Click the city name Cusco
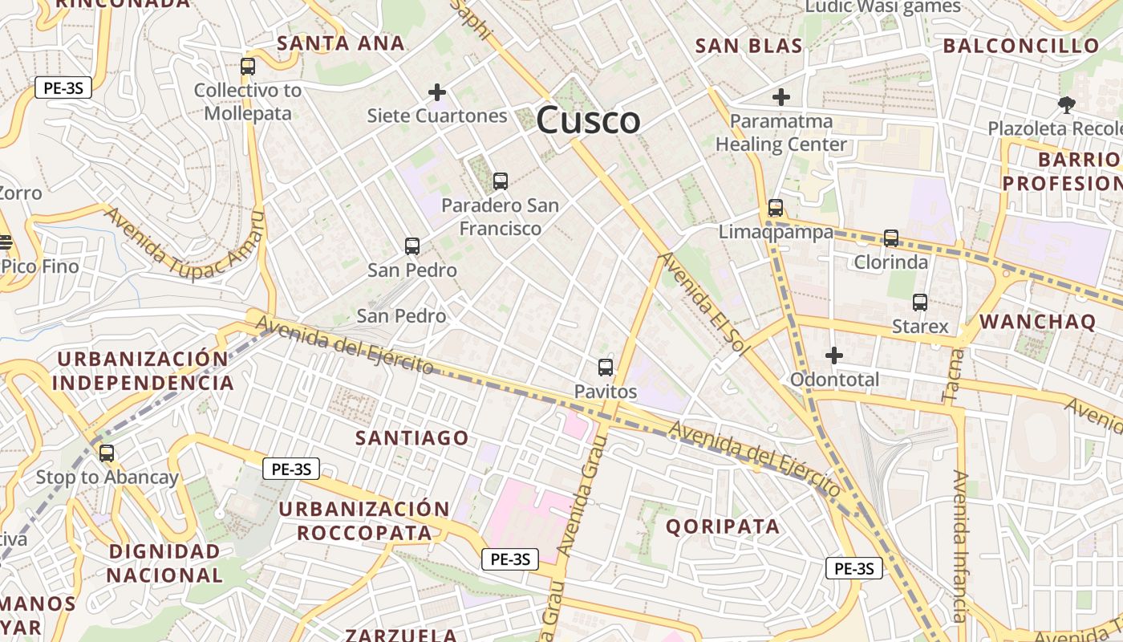click(x=588, y=120)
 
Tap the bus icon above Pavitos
click(x=606, y=368)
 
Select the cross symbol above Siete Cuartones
click(x=437, y=92)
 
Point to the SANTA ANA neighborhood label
click(x=341, y=43)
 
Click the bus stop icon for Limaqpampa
click(x=776, y=208)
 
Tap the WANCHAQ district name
click(x=1037, y=322)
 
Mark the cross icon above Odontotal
click(x=834, y=355)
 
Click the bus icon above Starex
click(x=920, y=303)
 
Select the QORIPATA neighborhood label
click(x=723, y=526)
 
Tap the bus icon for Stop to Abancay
click(x=107, y=453)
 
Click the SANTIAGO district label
click(x=412, y=437)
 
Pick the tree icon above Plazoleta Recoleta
click(x=1066, y=104)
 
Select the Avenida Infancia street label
click(x=959, y=546)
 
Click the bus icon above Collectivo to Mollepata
click(x=248, y=67)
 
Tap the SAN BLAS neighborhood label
click(x=749, y=46)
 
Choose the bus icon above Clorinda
click(x=891, y=238)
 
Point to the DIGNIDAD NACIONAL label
click(x=164, y=563)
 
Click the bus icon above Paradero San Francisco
click(x=501, y=181)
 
